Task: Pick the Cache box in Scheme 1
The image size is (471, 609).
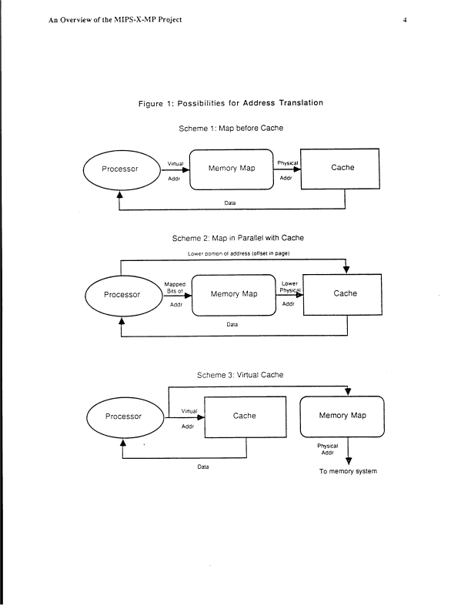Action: [342, 168]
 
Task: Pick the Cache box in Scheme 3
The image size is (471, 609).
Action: [244, 417]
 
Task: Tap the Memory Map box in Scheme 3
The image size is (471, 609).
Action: [342, 417]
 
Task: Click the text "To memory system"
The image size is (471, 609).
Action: [348, 471]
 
